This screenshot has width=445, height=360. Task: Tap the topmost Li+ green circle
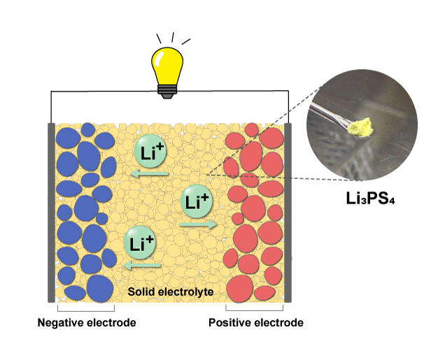coord(149,152)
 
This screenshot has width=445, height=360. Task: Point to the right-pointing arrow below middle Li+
coord(197,224)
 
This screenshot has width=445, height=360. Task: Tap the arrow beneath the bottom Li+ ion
coord(142,266)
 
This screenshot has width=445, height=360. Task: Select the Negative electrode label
coord(86,323)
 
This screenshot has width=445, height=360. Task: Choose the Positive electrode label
coord(256,323)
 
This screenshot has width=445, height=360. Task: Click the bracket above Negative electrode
coord(85,310)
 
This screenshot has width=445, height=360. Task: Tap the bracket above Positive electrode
coord(255,310)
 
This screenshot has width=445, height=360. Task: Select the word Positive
coord(227,323)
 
